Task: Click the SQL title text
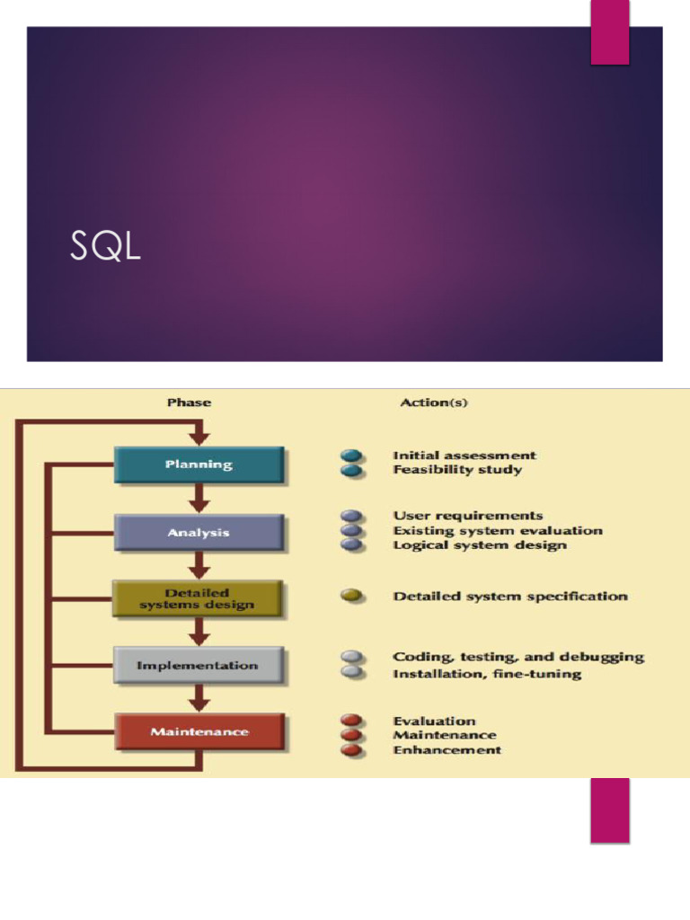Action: [x=105, y=247]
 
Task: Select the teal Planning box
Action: [x=199, y=465]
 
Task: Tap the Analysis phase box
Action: [x=199, y=533]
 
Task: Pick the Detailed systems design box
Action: [x=198, y=598]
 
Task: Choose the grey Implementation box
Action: [x=198, y=666]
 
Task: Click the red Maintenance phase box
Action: [x=199, y=732]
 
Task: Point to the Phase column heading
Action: [x=189, y=402]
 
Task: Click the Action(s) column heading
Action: [x=434, y=402]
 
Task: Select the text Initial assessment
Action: [x=464, y=456]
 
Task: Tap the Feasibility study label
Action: [x=457, y=470]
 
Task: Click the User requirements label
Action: [x=468, y=516]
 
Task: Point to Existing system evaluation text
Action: [x=498, y=531]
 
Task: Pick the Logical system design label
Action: [x=480, y=545]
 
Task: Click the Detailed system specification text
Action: [x=510, y=597]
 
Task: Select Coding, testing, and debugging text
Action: [x=518, y=657]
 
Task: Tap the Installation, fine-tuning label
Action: [x=487, y=674]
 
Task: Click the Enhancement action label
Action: [x=447, y=750]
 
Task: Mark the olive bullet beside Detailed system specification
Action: [x=352, y=596]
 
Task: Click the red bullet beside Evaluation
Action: [x=352, y=721]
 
